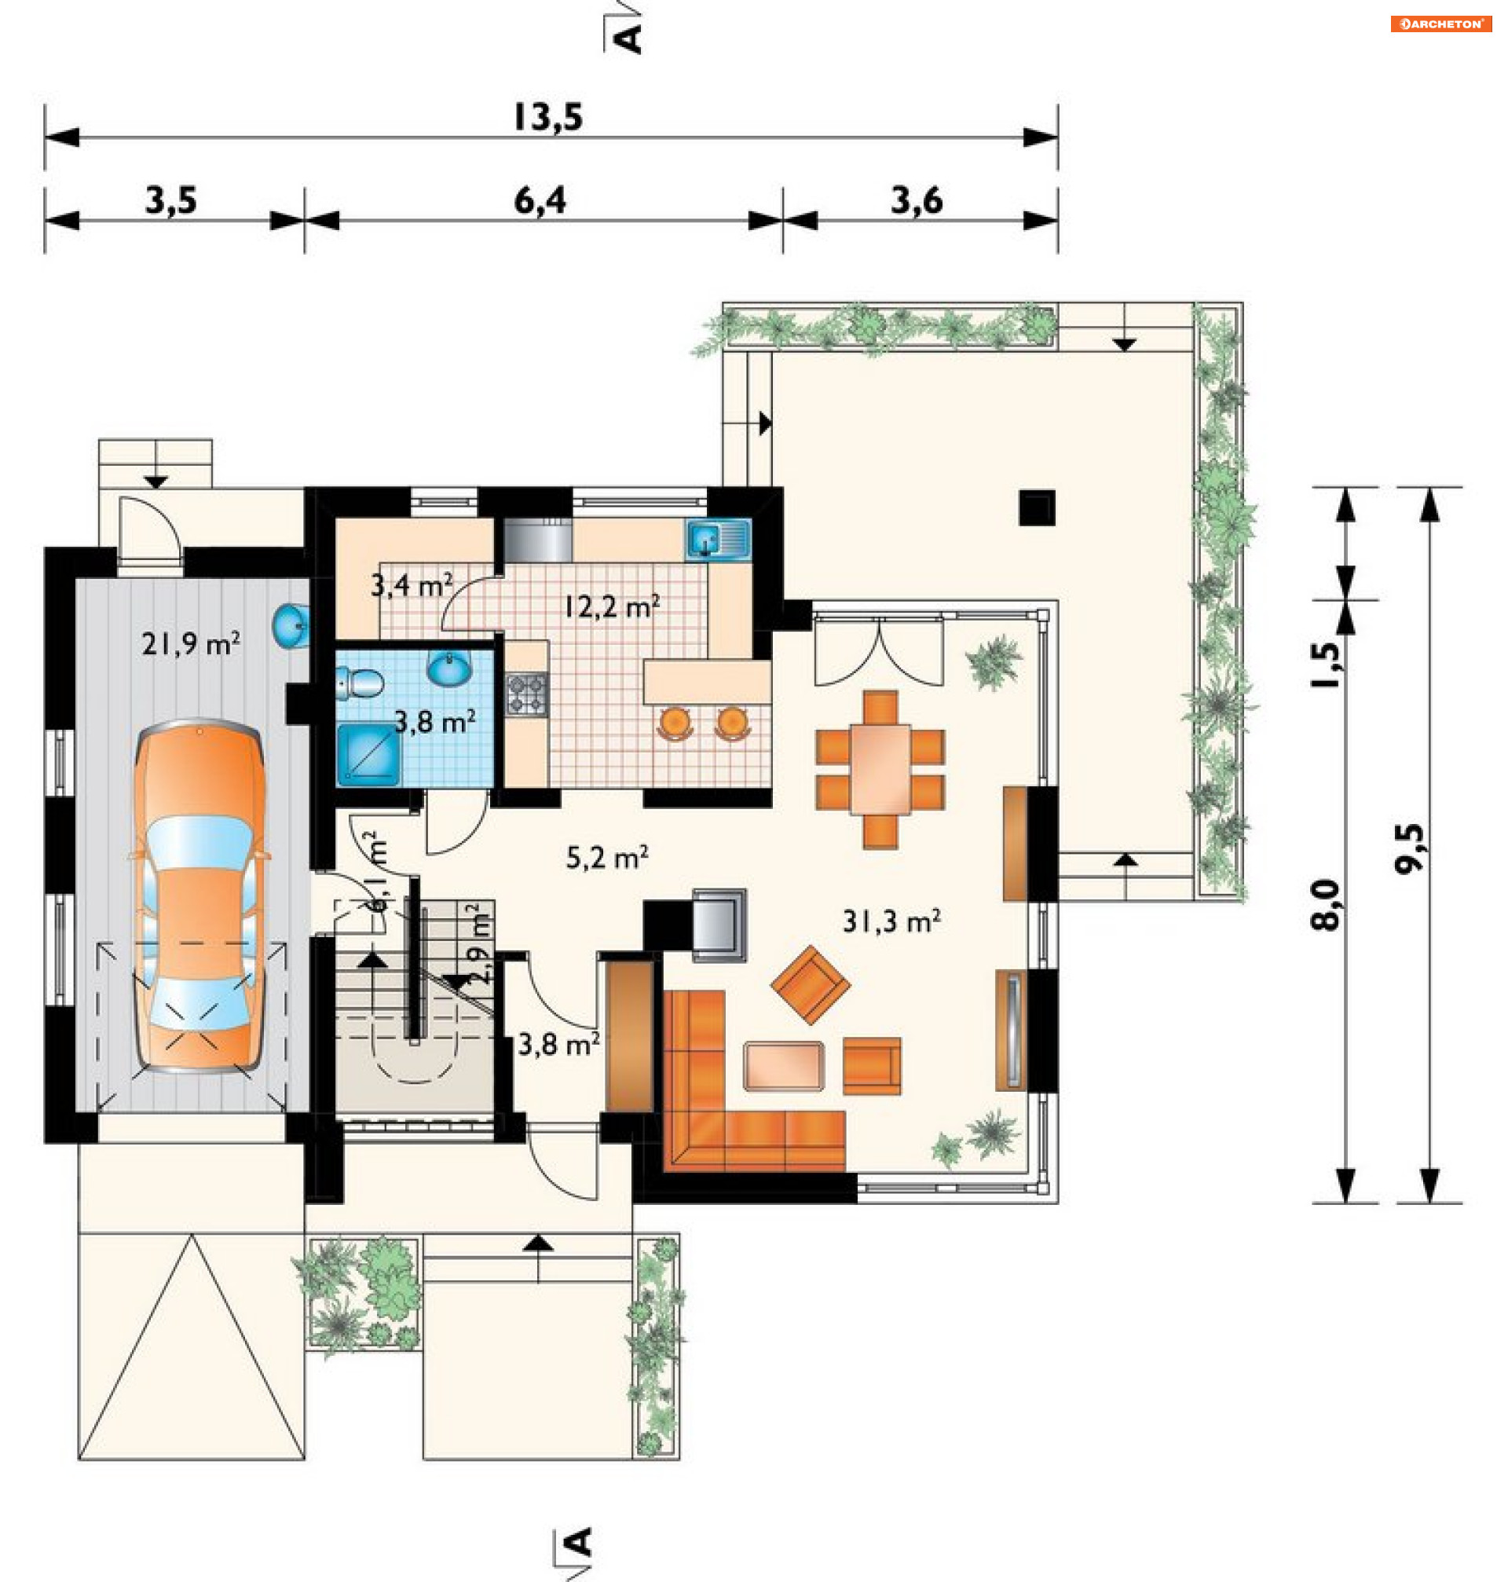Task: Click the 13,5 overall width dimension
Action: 548,117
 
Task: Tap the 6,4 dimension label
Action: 540,200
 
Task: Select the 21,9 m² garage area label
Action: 191,643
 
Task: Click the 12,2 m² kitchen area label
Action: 612,606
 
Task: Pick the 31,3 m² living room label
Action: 891,921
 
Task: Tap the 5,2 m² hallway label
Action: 607,858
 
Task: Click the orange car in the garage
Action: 199,895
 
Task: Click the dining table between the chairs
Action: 880,769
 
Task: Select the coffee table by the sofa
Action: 784,1066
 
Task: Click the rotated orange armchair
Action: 811,985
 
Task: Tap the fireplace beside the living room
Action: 719,925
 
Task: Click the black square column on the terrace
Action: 1037,508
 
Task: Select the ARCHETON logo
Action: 1440,24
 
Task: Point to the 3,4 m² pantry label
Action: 412,584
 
